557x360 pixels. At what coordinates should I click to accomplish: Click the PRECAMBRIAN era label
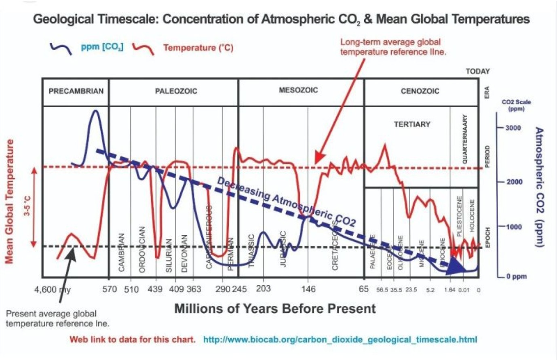pos(76,91)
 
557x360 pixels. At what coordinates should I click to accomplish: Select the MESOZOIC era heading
pos(298,90)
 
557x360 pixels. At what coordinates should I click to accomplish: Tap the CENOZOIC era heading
pos(420,91)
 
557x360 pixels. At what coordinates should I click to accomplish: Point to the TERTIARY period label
pos(412,124)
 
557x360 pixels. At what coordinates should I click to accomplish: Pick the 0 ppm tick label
pos(517,277)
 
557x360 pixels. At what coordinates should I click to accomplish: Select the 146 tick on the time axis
pos(308,289)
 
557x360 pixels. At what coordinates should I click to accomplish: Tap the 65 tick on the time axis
pos(364,289)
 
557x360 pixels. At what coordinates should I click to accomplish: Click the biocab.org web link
pos(340,339)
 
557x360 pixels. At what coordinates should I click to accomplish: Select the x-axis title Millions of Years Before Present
pos(275,309)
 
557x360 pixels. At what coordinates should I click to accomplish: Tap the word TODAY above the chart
pos(477,72)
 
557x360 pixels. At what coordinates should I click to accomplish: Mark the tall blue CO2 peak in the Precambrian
pos(95,112)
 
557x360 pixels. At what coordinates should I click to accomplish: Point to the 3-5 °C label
pos(27,206)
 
